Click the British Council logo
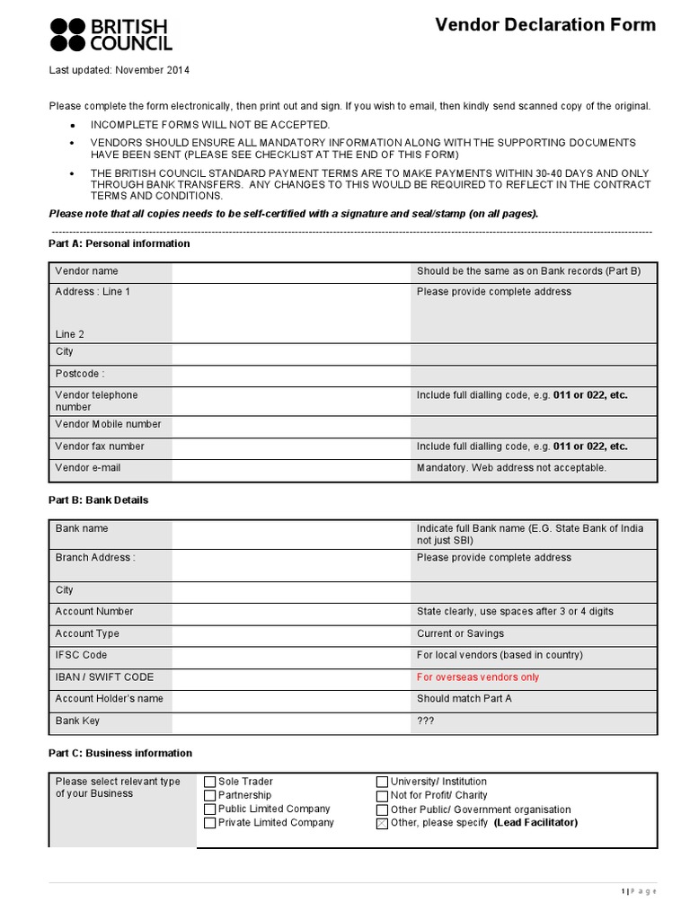click(x=111, y=33)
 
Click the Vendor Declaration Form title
click(x=545, y=25)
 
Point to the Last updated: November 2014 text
click(x=119, y=70)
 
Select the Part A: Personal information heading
click(x=119, y=243)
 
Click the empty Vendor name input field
click(x=291, y=271)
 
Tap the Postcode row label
click(x=80, y=374)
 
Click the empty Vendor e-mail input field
click(x=291, y=468)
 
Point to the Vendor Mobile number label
click(x=108, y=424)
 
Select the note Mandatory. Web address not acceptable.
click(x=511, y=468)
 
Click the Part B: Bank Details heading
click(x=98, y=500)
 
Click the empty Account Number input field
click(x=291, y=612)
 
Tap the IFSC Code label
click(x=81, y=656)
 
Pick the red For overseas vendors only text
click(x=478, y=677)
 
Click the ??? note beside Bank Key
click(x=426, y=721)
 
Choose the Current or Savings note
click(x=460, y=634)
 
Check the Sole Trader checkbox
click(x=210, y=782)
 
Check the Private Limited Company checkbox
click(x=210, y=823)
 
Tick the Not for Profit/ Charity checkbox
click(x=383, y=795)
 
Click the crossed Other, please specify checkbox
click(x=383, y=823)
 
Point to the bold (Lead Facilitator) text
click(x=535, y=823)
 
